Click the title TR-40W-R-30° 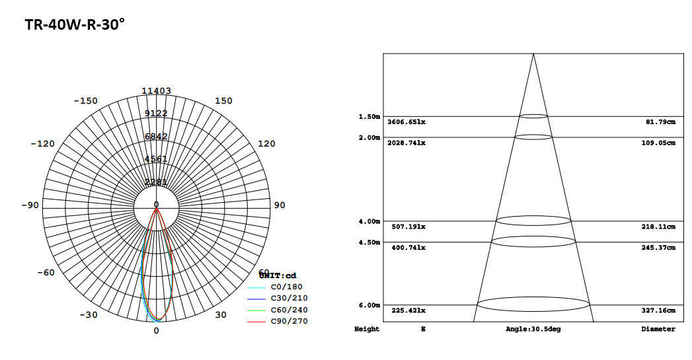point(75,25)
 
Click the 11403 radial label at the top point(156,91)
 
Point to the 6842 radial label point(156,136)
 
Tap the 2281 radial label point(156,182)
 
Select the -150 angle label point(85,101)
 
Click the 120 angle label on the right point(266,144)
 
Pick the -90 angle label point(30,205)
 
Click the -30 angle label point(89,315)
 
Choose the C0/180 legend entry point(286,287)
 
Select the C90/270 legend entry point(289,322)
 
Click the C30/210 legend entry point(289,299)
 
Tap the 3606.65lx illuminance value point(406,122)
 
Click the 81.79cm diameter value point(660,122)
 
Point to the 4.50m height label point(369,242)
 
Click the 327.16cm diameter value point(658,310)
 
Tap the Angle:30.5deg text point(533,329)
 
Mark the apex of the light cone point(533,54)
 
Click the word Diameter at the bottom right point(658,329)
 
